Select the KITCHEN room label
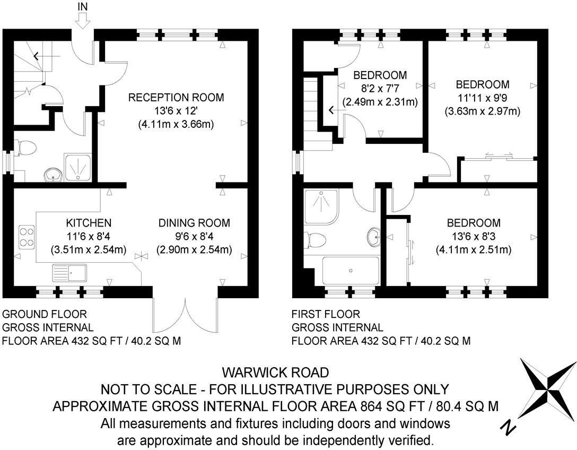tap(89, 222)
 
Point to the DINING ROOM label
tap(194, 223)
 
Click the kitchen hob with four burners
tap(27, 237)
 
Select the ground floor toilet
tap(25, 148)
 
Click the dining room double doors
tap(185, 316)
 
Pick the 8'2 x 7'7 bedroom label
tap(380, 75)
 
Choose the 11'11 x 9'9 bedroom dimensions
tap(482, 98)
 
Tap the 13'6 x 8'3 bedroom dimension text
tap(474, 236)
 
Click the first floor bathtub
tap(351, 271)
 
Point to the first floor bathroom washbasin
tap(374, 236)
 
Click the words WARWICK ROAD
tap(275, 372)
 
